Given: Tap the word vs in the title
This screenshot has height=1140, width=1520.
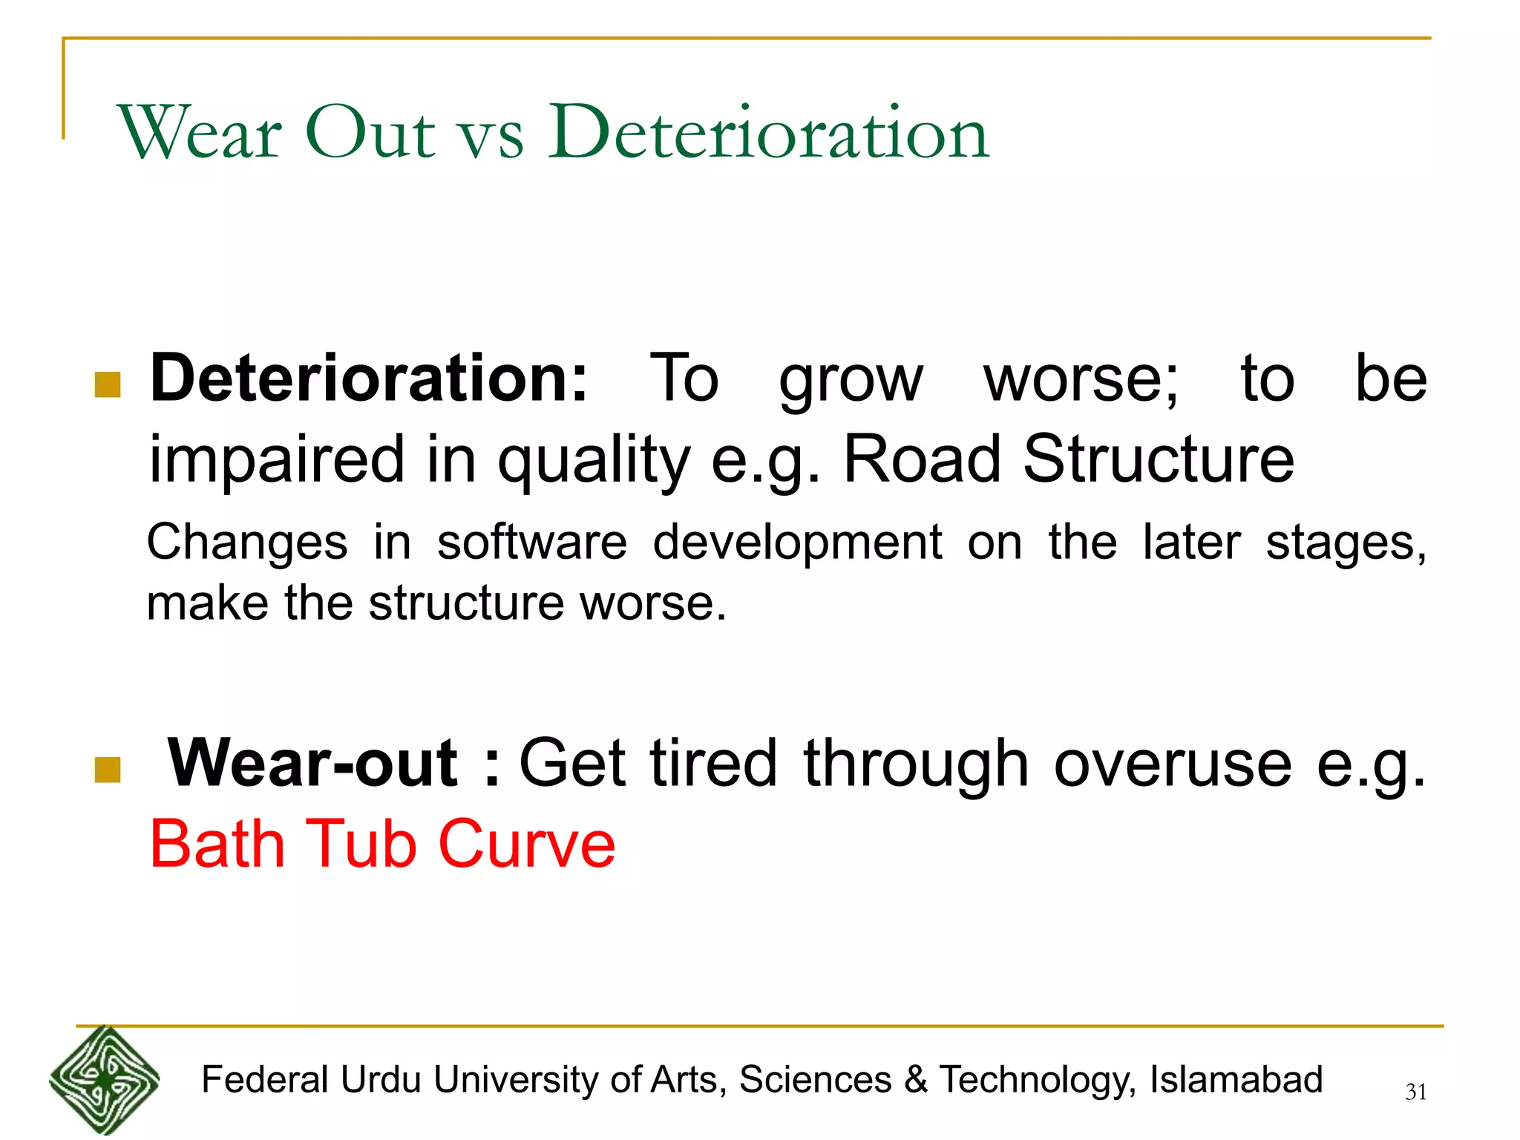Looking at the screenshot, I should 491,137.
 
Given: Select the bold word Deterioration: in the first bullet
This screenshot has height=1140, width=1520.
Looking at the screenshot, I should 369,379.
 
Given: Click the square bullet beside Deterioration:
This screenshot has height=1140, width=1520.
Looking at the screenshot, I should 108,385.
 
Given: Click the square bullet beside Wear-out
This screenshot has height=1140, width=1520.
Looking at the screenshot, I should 108,770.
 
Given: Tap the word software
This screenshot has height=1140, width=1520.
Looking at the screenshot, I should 532,542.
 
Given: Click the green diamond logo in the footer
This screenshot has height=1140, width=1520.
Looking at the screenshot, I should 104,1080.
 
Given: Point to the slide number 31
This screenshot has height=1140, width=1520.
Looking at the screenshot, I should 1416,1092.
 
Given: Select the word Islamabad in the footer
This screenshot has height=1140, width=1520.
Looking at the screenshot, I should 1236,1080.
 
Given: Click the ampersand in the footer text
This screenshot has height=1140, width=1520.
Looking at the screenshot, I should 916,1080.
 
